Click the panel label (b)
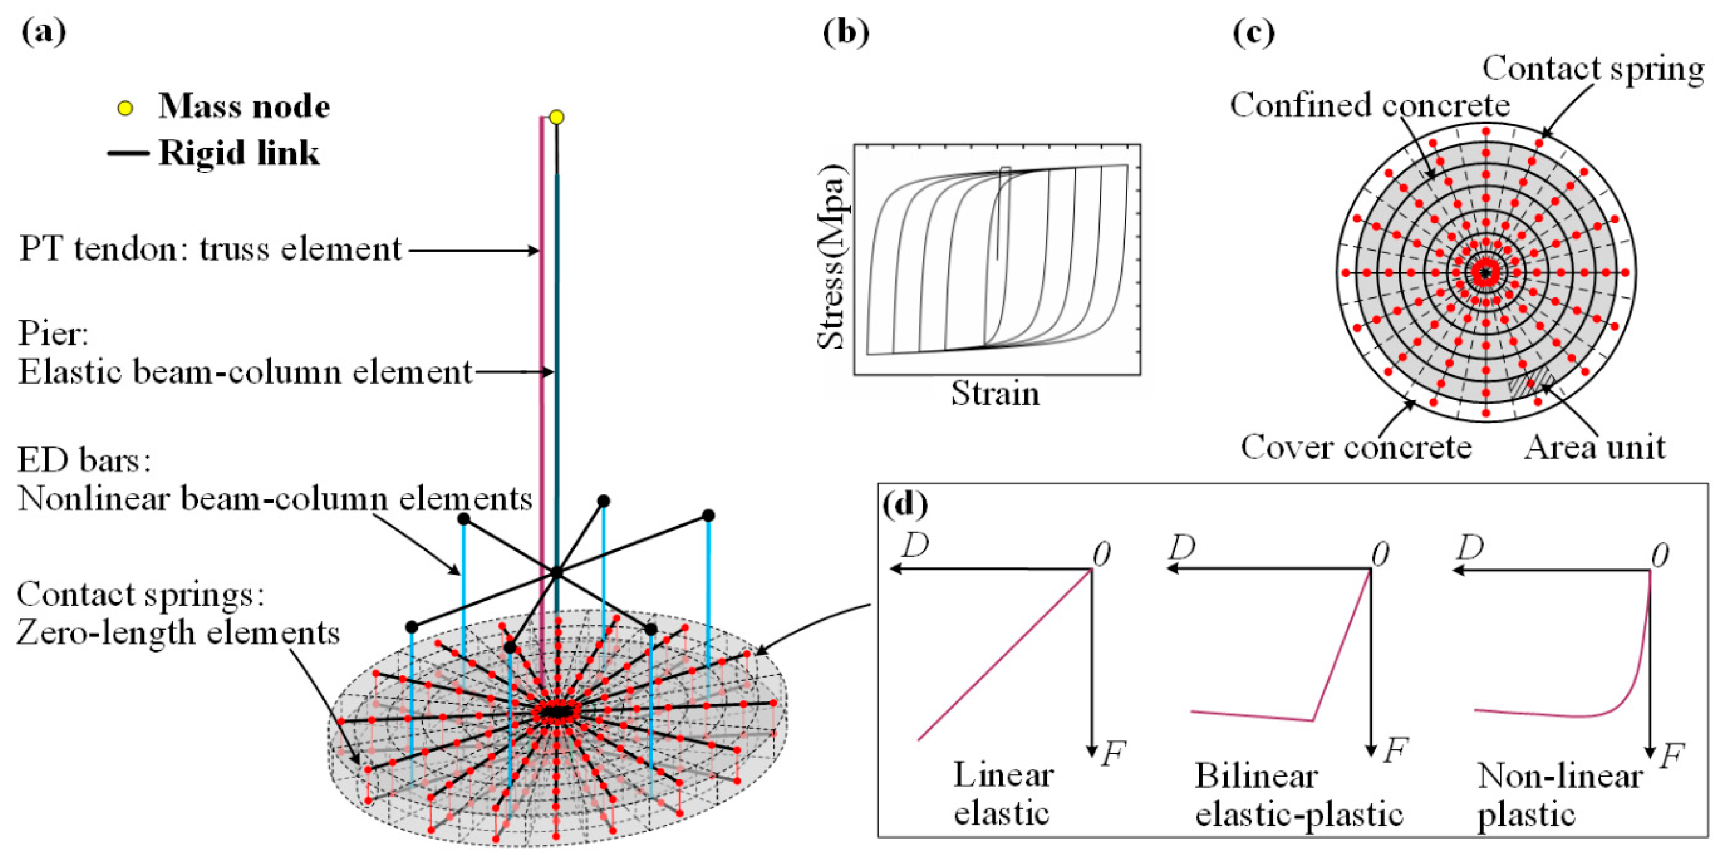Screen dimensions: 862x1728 pos(846,32)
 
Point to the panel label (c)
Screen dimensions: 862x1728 pos(1254,32)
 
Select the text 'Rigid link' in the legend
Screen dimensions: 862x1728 pos(239,153)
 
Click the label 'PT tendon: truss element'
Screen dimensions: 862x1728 pos(210,249)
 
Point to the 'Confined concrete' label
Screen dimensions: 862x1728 pos(1370,105)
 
